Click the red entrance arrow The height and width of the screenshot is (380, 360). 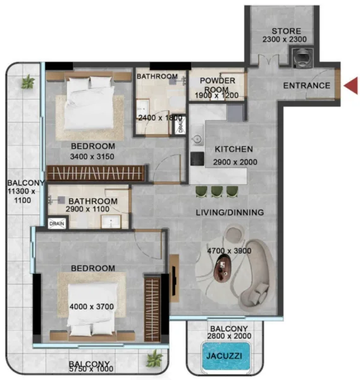(351, 85)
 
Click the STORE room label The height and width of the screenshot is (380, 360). (285, 31)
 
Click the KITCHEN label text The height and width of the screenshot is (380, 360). (233, 149)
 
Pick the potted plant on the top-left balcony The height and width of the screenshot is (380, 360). (27, 82)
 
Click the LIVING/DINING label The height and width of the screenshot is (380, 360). (230, 213)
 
